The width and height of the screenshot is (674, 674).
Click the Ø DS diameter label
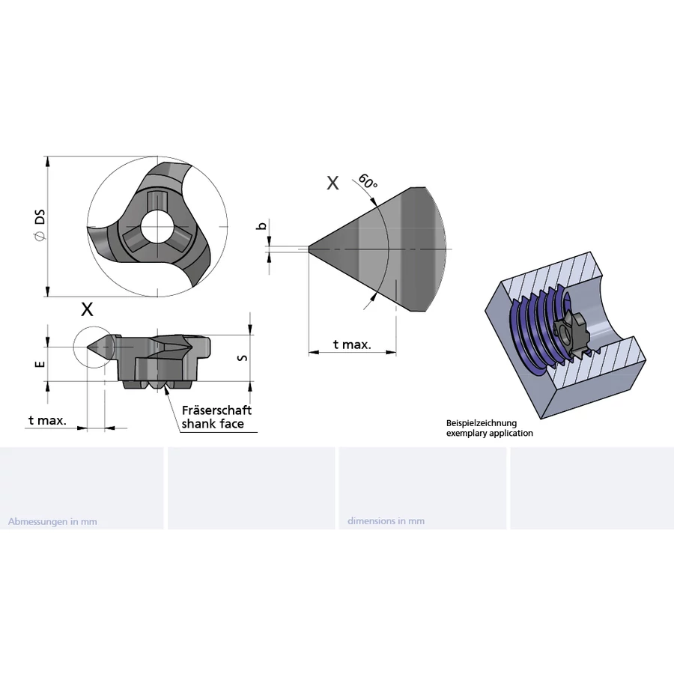40,225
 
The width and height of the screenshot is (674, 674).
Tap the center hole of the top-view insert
157,226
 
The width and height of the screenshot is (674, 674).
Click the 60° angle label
368,181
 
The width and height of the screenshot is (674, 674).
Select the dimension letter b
262,225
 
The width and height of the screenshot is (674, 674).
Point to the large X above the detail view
333,183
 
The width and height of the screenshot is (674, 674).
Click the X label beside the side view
88,309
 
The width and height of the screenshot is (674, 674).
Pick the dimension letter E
40,364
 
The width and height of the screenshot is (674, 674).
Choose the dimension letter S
243,358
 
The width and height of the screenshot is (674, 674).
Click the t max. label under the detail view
352,344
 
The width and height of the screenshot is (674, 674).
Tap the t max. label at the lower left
47,420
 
